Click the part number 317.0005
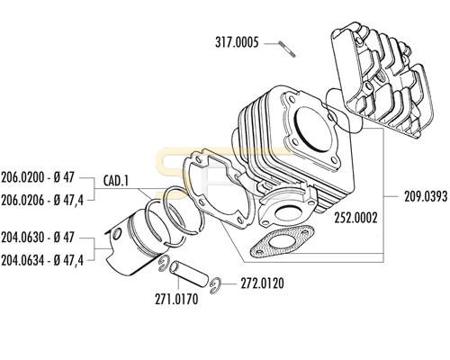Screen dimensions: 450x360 pyautogui.click(x=237, y=42)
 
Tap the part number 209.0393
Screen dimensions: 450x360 pyautogui.click(x=426, y=196)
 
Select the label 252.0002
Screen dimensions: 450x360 pyautogui.click(x=355, y=218)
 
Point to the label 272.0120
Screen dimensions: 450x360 pyautogui.click(x=262, y=283)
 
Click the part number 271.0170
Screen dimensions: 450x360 pyautogui.click(x=176, y=299)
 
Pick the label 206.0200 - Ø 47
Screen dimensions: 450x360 pyautogui.click(x=38, y=177)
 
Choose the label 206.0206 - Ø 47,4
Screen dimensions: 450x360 pyautogui.click(x=42, y=200)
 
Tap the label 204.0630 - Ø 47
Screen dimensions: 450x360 pyautogui.click(x=38, y=238)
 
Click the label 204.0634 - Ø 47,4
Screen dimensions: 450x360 pyautogui.click(x=42, y=260)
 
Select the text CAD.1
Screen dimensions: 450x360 pyautogui.click(x=115, y=181)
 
